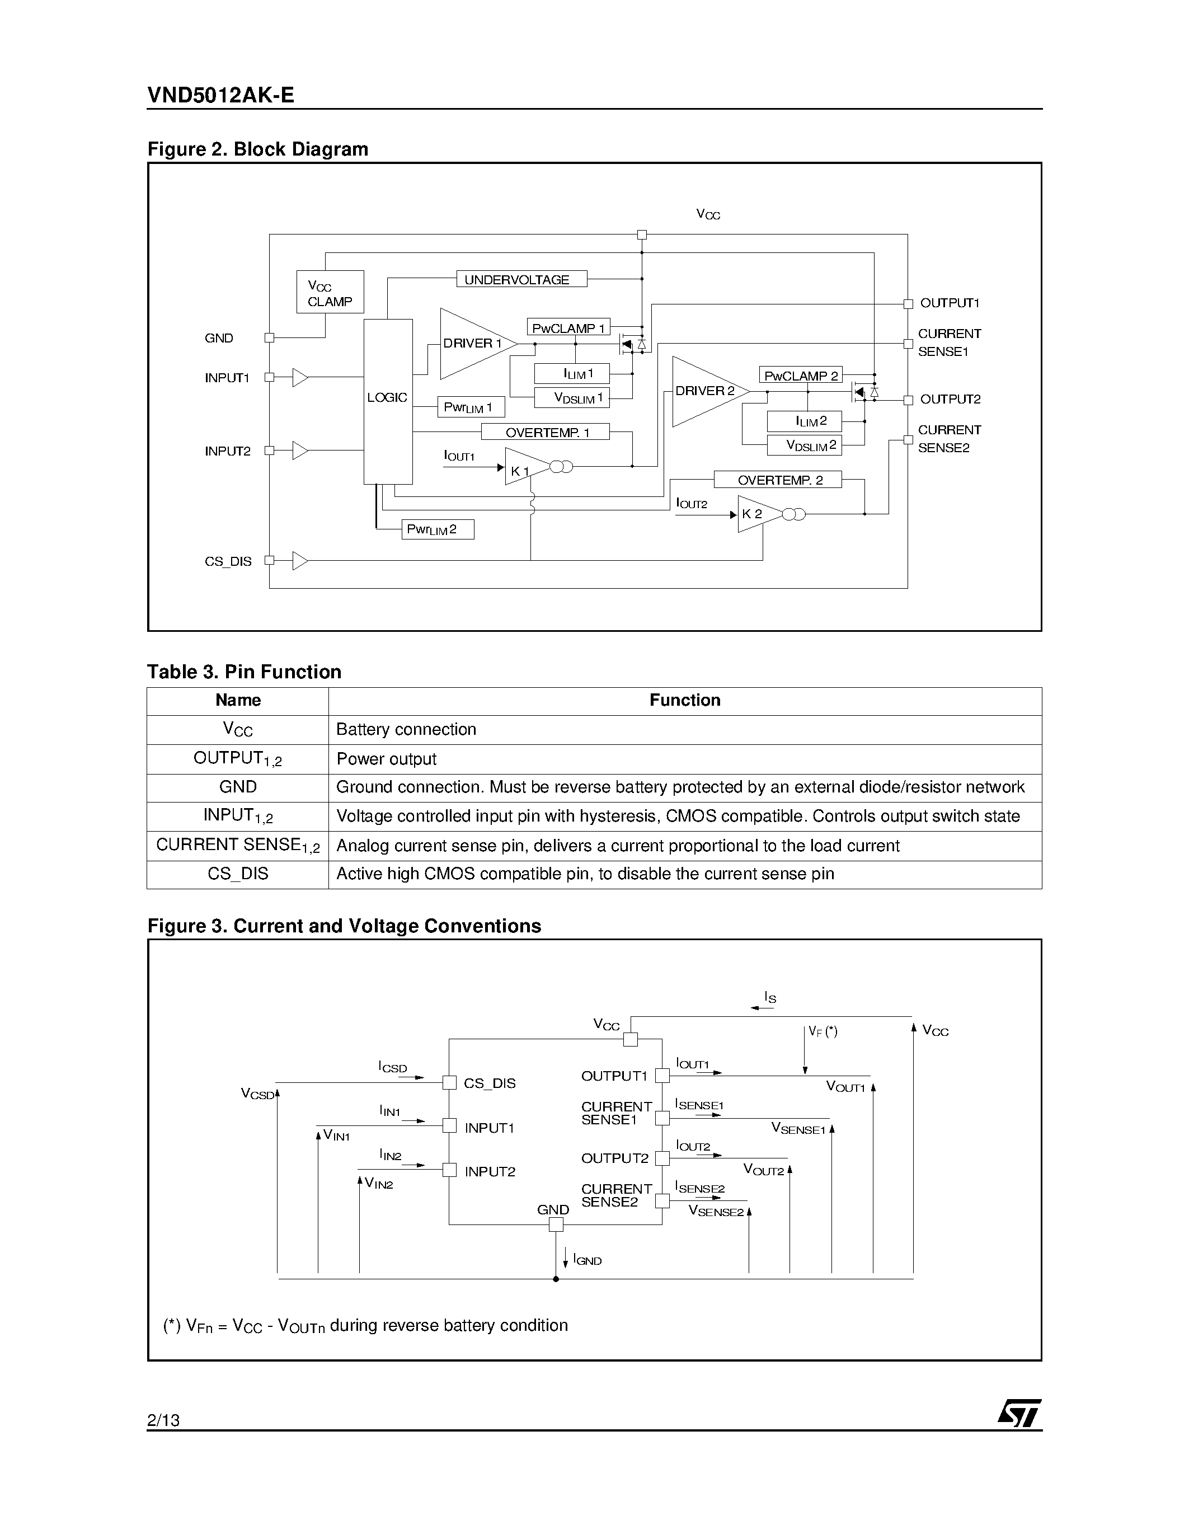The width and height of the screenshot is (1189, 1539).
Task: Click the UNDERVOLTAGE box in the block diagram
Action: pyautogui.click(x=521, y=279)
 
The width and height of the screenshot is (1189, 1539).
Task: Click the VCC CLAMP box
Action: pyautogui.click(x=330, y=292)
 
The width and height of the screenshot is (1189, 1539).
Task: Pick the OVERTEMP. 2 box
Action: pyautogui.click(x=778, y=480)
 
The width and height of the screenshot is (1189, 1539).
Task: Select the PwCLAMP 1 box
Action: pyautogui.click(x=568, y=328)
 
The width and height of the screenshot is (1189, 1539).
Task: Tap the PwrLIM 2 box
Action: pyautogui.click(x=438, y=529)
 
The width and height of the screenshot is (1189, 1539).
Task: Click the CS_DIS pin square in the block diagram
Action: pyautogui.click(x=269, y=561)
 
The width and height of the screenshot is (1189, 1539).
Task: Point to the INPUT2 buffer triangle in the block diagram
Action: pyautogui.click(x=300, y=451)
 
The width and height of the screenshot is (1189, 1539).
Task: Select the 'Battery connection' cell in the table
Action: pyautogui.click(x=406, y=729)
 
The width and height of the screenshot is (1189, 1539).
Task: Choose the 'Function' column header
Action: pyautogui.click(x=685, y=701)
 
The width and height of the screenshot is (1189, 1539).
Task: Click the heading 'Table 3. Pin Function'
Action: pyautogui.click(x=244, y=672)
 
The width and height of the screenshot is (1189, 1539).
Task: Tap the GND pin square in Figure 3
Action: pyautogui.click(x=556, y=1224)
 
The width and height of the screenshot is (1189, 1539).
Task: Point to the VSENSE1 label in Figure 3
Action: pyautogui.click(x=797, y=1128)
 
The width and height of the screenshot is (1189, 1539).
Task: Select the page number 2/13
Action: pyautogui.click(x=163, y=1420)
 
